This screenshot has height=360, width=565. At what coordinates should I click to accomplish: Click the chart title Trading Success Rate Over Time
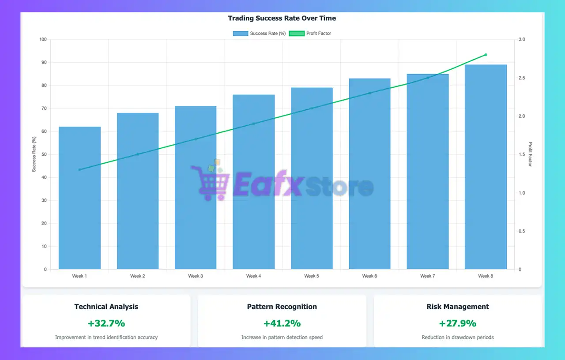(282, 19)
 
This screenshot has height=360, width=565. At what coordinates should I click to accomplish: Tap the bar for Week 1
(79, 199)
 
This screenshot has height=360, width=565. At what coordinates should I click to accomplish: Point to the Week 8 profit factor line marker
(486, 55)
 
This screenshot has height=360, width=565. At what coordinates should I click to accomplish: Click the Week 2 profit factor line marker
(137, 154)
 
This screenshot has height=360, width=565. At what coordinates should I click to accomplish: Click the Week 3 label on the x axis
(196, 276)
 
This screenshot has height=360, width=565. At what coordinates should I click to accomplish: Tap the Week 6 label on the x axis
(369, 276)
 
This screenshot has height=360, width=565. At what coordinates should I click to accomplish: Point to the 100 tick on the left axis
(42, 40)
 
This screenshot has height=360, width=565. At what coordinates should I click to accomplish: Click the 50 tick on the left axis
(44, 154)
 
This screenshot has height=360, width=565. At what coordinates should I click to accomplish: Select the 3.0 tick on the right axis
(522, 40)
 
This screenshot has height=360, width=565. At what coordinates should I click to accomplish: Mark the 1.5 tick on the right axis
(522, 154)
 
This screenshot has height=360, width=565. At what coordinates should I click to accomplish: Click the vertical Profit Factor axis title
(531, 154)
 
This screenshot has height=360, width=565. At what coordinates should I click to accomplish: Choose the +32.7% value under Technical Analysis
(106, 323)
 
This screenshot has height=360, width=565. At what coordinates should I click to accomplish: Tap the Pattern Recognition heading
(282, 307)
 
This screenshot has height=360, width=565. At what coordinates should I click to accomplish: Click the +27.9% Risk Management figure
(458, 323)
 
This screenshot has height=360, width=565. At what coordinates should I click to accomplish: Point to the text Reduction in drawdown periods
(458, 337)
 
